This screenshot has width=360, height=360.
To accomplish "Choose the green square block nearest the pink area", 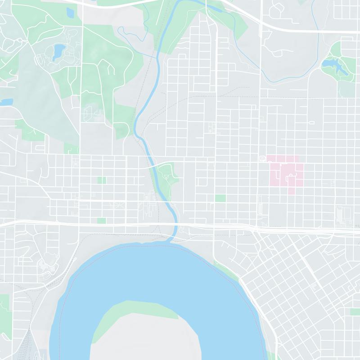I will click(x=220, y=198).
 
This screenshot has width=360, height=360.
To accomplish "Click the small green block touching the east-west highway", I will click(x=101, y=220).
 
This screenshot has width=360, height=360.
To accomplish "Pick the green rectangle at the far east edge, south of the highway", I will click(x=355, y=311).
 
